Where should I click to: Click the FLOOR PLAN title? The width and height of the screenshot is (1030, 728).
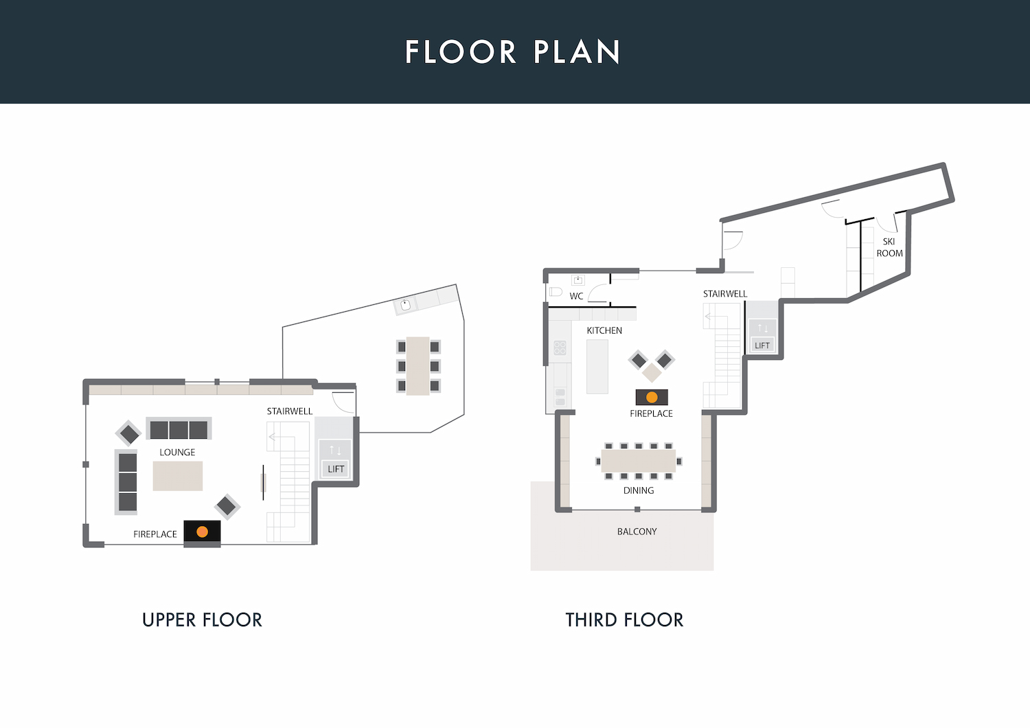tap(512, 52)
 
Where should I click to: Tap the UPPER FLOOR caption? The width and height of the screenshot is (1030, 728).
tap(203, 620)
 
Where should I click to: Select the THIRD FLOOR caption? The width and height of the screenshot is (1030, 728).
tap(624, 620)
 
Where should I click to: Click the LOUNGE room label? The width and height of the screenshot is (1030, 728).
tap(177, 452)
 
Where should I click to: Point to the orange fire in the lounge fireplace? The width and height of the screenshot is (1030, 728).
tap(203, 532)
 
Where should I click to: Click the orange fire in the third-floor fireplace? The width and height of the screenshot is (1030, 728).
tap(652, 397)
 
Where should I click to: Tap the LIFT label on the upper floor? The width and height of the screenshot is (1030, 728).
tap(336, 469)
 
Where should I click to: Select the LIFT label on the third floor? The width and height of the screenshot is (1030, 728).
tap(762, 345)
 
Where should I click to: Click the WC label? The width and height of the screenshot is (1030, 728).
tap(576, 296)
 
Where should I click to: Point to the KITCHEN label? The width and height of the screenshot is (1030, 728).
tap(604, 330)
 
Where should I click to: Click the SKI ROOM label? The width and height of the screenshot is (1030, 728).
tap(889, 247)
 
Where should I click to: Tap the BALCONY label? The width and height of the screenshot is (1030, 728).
tap(637, 532)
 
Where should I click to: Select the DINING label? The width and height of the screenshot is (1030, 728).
tap(638, 490)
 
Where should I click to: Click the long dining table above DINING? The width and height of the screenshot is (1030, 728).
tap(638, 461)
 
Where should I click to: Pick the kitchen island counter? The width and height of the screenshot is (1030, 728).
tap(597, 367)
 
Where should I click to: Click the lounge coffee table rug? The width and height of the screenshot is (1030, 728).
tap(177, 476)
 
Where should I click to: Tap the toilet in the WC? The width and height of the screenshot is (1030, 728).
tap(556, 292)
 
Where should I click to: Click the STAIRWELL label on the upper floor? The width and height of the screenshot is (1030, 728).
tap(290, 411)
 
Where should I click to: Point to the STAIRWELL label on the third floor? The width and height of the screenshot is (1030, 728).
tap(725, 293)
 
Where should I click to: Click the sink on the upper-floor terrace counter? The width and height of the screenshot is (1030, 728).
tap(405, 305)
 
